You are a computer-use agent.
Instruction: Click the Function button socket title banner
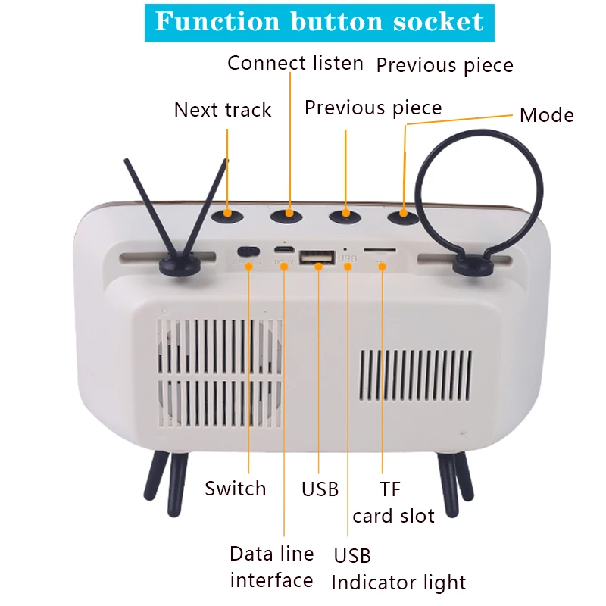point(319,22)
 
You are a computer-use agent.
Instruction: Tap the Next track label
point(222,110)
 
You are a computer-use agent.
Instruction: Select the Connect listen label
point(295,63)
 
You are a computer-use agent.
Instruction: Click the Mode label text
point(546,116)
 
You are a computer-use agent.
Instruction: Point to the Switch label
point(236,489)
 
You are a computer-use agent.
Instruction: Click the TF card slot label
point(394,503)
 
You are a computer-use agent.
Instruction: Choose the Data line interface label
point(271,567)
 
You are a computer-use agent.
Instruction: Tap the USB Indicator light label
point(398,569)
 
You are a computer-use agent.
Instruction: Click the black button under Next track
point(227,216)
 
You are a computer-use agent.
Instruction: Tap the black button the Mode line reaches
point(403,217)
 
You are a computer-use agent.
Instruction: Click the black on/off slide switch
point(248,251)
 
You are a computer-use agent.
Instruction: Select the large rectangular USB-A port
point(317,258)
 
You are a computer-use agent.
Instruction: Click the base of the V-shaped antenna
point(175,264)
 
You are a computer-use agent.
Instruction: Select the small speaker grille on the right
point(415,386)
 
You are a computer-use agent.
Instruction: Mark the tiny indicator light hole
point(346,248)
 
